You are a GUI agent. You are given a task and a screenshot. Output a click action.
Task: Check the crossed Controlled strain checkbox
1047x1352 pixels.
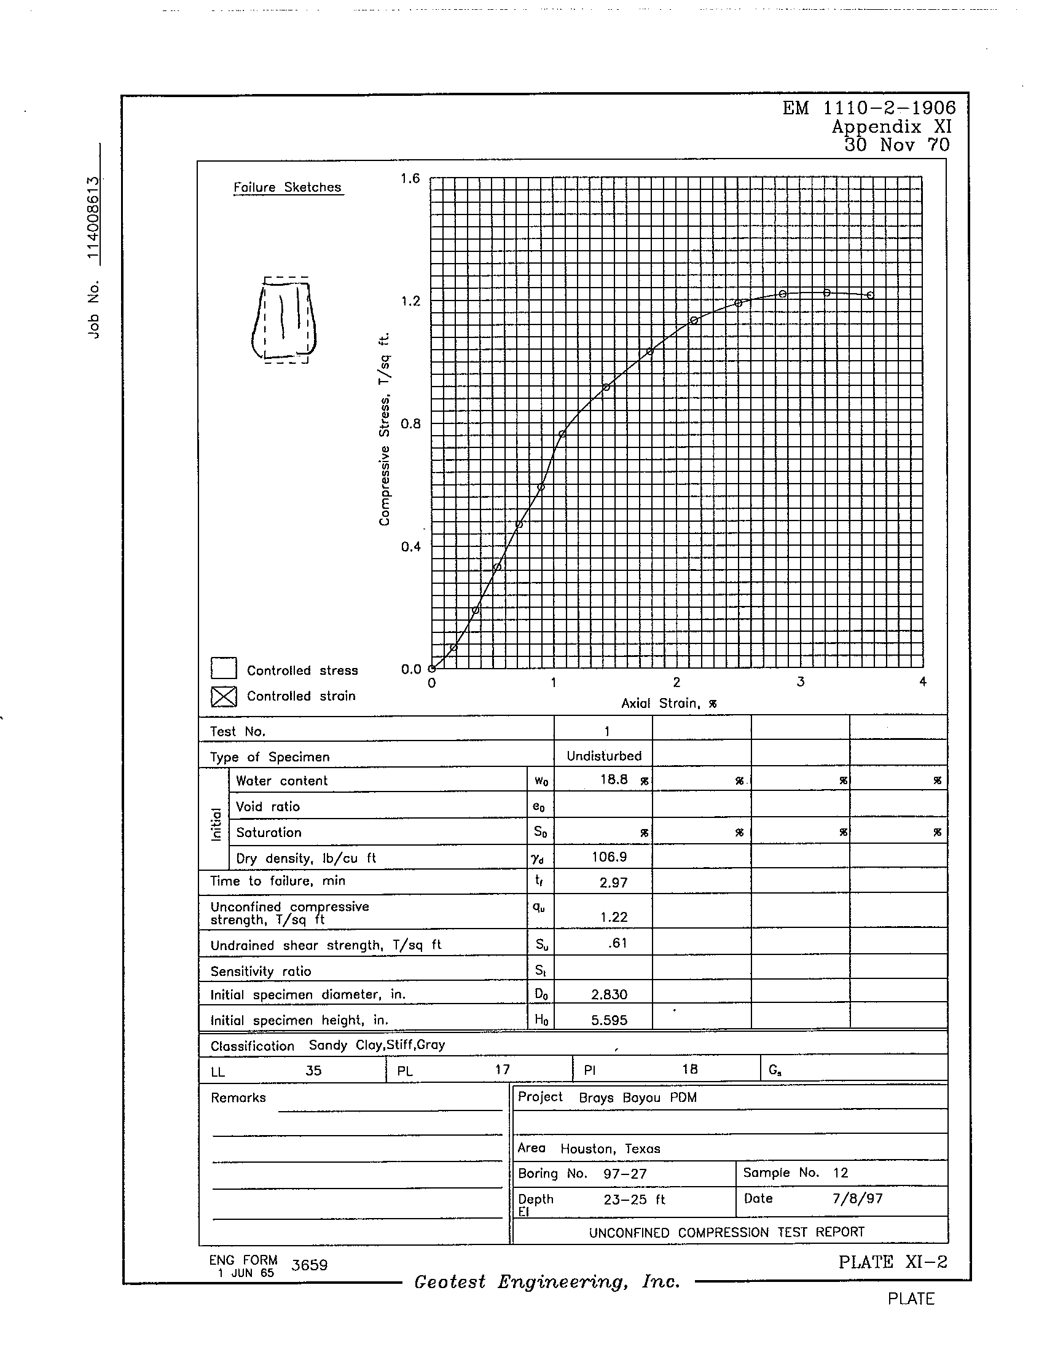224,696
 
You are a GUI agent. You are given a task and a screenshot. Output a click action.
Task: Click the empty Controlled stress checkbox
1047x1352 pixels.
224,669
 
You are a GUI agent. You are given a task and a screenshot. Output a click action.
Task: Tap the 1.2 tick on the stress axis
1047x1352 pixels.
410,302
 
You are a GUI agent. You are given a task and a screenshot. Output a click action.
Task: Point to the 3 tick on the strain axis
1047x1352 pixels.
800,682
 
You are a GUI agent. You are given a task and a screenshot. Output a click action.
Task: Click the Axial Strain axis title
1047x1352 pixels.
669,703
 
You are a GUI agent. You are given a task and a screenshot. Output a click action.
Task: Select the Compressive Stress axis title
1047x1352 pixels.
385,429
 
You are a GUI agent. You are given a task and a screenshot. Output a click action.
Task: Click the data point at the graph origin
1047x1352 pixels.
432,669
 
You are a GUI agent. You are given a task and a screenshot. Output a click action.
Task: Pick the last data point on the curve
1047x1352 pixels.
871,295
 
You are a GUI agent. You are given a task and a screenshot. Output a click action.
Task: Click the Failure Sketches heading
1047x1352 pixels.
287,187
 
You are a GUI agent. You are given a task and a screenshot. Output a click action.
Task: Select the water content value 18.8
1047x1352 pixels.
614,780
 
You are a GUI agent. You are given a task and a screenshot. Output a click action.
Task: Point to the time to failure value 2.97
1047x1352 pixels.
613,882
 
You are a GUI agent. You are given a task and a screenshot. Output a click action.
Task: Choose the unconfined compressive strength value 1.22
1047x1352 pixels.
614,917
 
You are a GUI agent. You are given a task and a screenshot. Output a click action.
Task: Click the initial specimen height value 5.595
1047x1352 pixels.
609,1020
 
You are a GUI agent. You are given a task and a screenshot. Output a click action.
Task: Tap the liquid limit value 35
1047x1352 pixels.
314,1071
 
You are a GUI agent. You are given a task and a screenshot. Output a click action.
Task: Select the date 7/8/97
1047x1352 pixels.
857,1198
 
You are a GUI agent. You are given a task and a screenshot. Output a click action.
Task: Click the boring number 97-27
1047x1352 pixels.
624,1174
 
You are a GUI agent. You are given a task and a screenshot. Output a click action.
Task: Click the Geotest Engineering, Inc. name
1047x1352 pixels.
547,1281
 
